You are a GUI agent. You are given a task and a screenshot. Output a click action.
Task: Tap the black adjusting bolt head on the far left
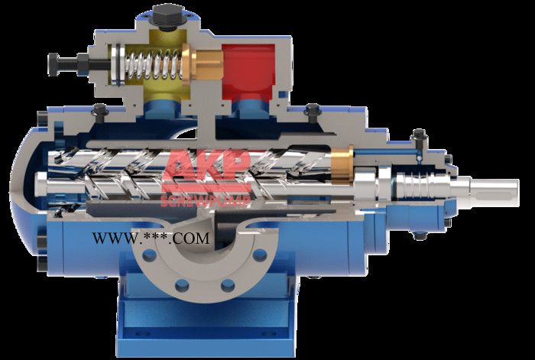[x=53, y=63]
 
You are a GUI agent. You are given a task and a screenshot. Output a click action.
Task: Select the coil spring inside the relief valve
[x=152, y=63]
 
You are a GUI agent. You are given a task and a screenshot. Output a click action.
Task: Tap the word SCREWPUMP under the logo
[x=206, y=201]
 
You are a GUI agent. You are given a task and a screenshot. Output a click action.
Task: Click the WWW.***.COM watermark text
[x=151, y=238]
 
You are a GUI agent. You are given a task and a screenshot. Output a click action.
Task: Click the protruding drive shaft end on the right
[x=494, y=192]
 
